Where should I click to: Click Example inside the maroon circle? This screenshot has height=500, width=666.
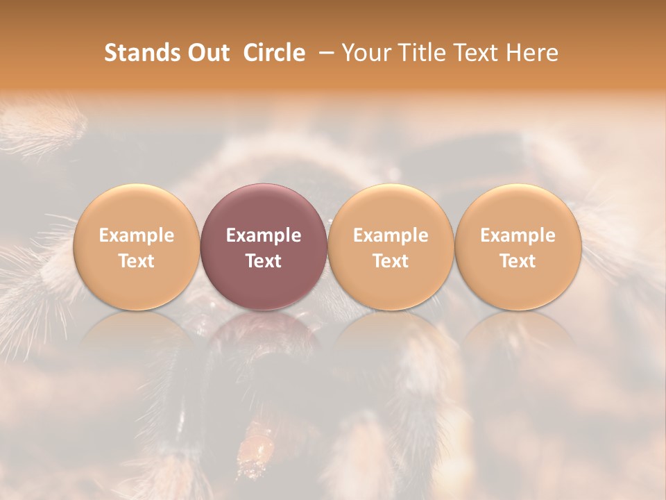pyautogui.click(x=263, y=235)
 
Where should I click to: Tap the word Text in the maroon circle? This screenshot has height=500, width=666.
pyautogui.click(x=263, y=261)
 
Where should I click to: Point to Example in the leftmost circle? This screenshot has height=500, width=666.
pyautogui.click(x=136, y=235)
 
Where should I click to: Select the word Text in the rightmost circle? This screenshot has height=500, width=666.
pyautogui.click(x=518, y=261)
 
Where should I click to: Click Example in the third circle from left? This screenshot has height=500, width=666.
pyautogui.click(x=391, y=235)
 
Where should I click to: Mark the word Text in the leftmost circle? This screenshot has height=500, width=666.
pyautogui.click(x=136, y=261)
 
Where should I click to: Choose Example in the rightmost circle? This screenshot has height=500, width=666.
pyautogui.click(x=518, y=235)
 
